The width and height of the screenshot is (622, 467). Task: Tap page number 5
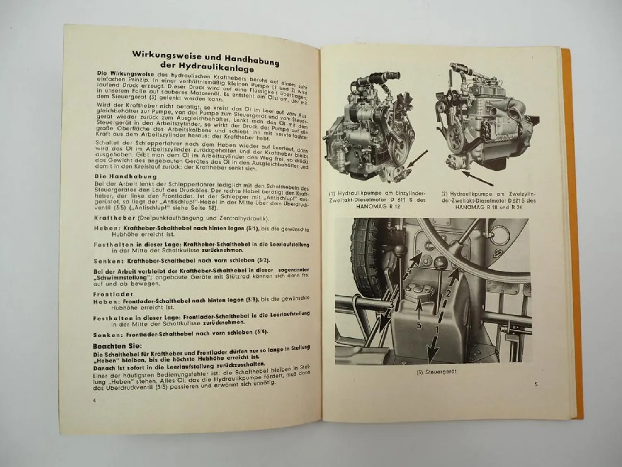pos(536,384)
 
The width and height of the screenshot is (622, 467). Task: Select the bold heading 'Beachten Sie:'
pos(117,345)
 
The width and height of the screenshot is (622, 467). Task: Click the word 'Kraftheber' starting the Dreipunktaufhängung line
pos(109,218)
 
